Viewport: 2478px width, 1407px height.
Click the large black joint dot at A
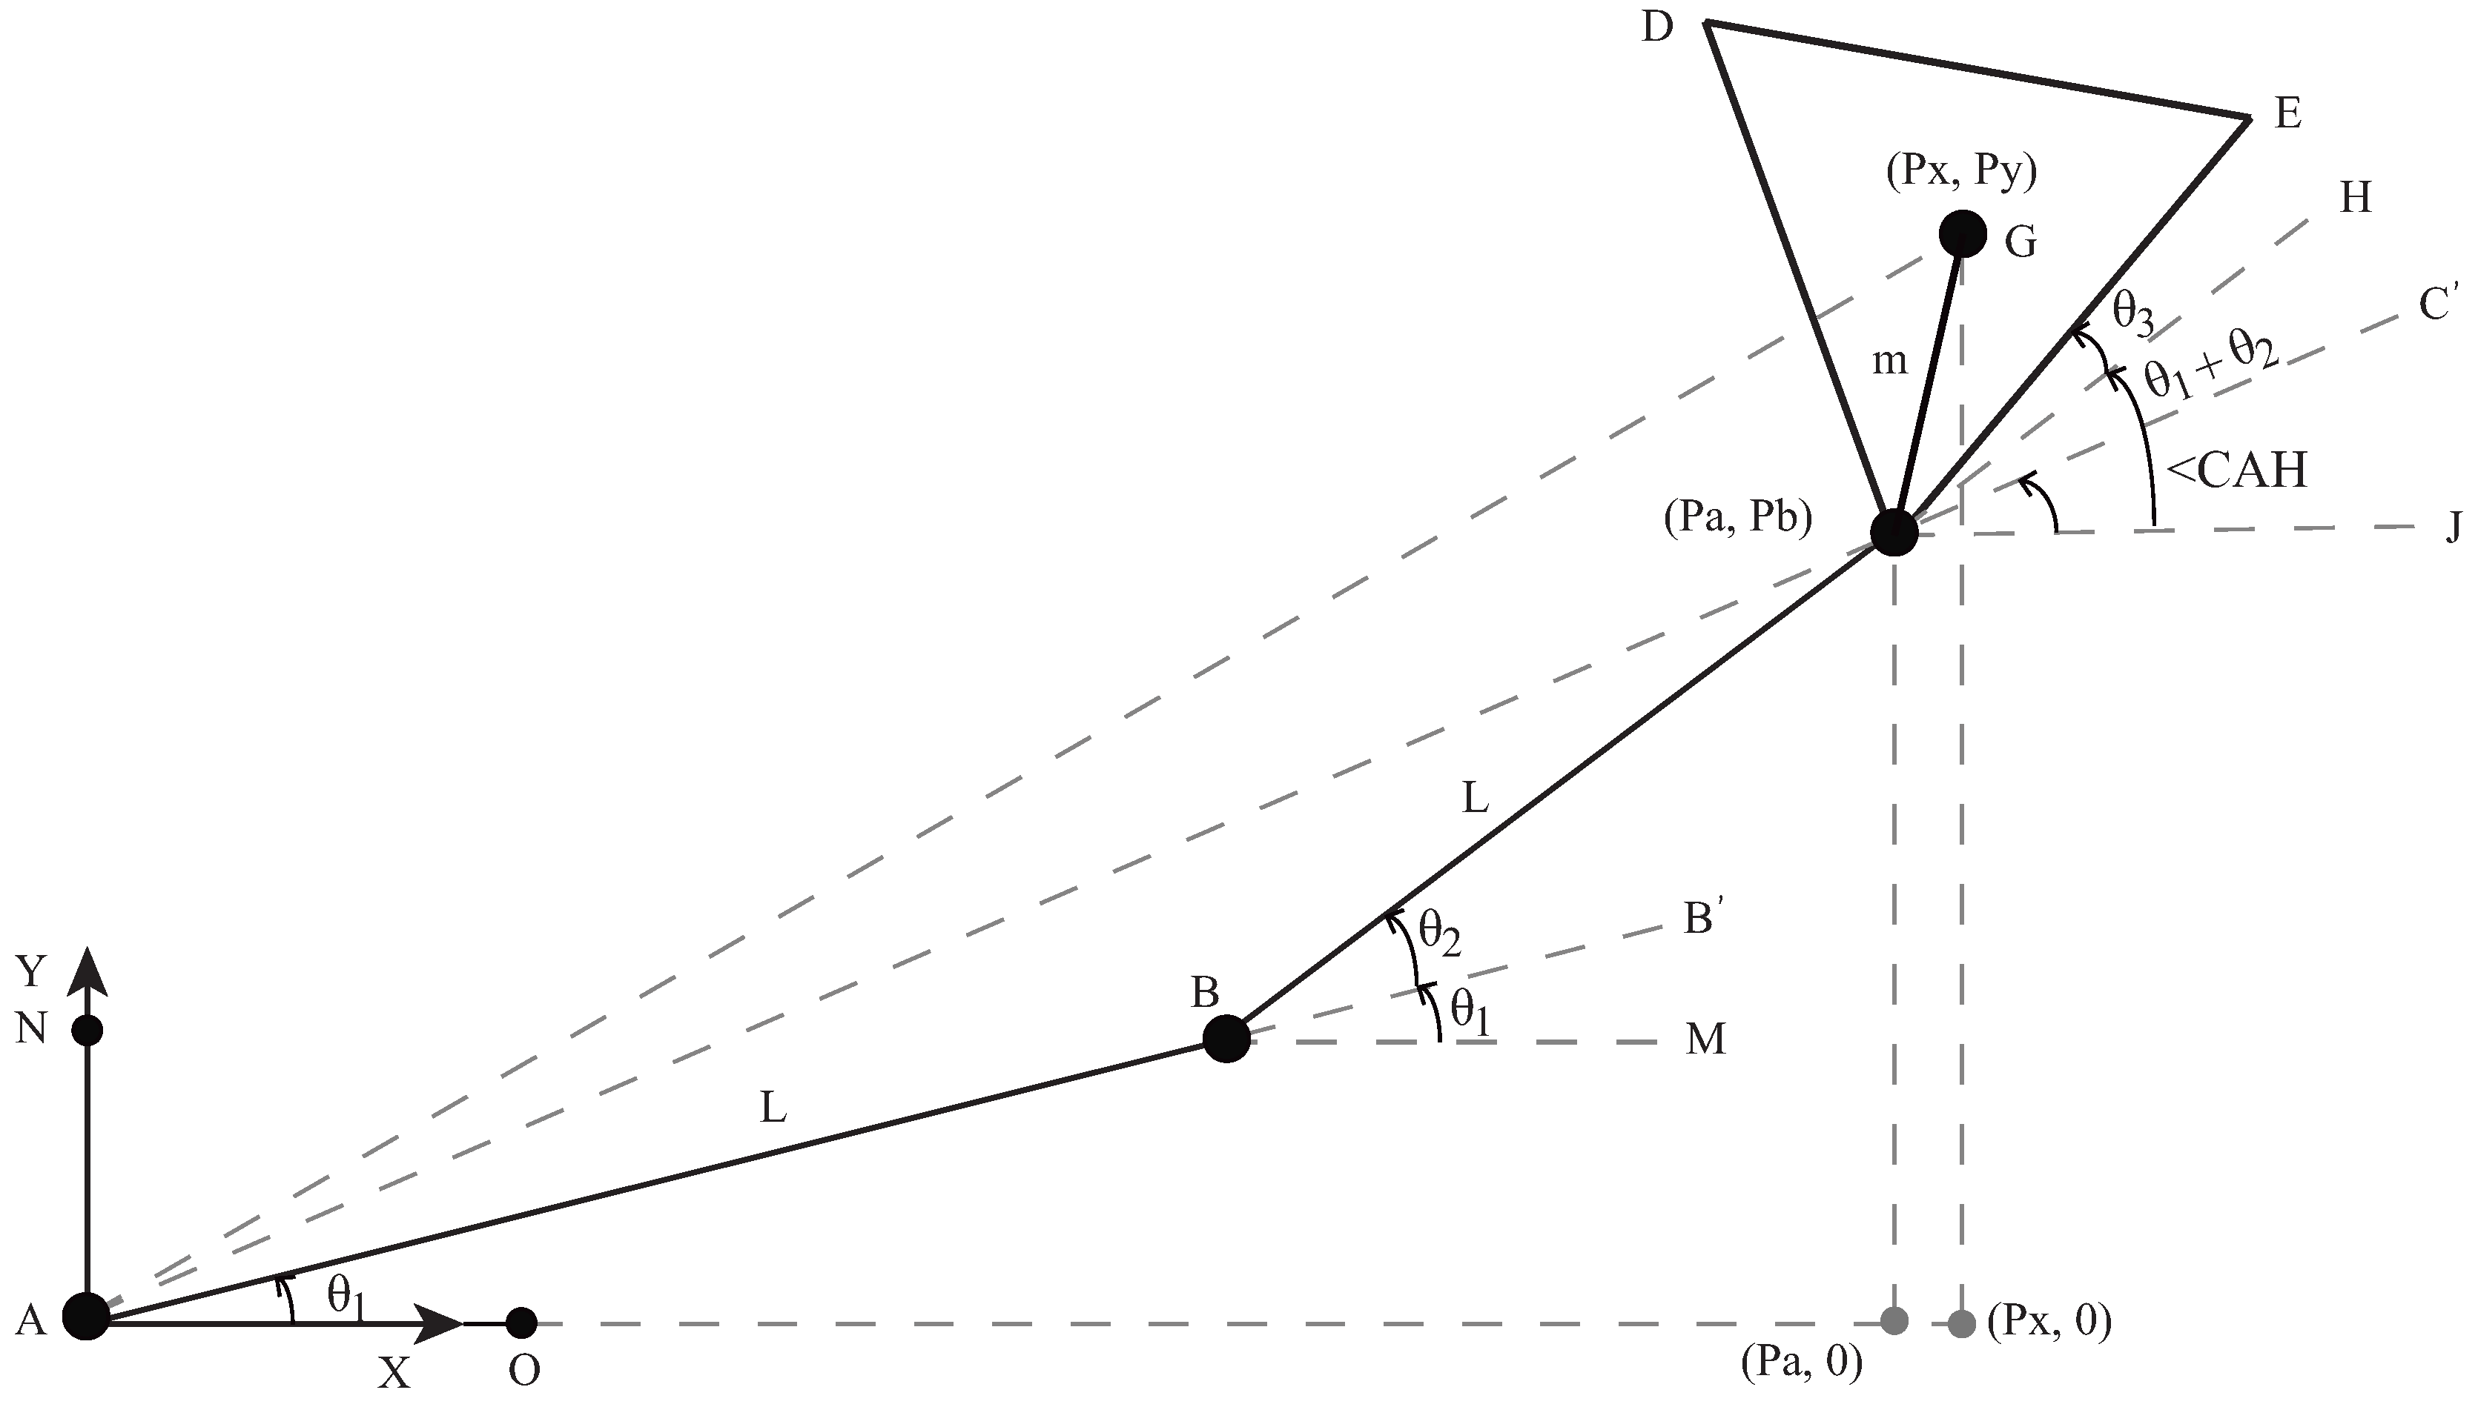tap(86, 1317)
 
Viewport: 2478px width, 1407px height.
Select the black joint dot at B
tap(1226, 1039)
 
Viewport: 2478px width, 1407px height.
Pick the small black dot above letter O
tap(522, 1321)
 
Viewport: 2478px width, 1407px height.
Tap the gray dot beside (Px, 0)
tap(1962, 1321)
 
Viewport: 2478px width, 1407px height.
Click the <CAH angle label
tap(2236, 471)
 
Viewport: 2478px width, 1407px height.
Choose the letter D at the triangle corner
tap(1657, 29)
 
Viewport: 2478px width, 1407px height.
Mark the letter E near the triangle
tap(2287, 114)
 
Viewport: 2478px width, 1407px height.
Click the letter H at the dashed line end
tap(2355, 198)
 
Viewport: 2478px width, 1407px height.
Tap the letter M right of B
tap(1705, 1040)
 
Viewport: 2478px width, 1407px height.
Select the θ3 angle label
tap(2132, 313)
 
